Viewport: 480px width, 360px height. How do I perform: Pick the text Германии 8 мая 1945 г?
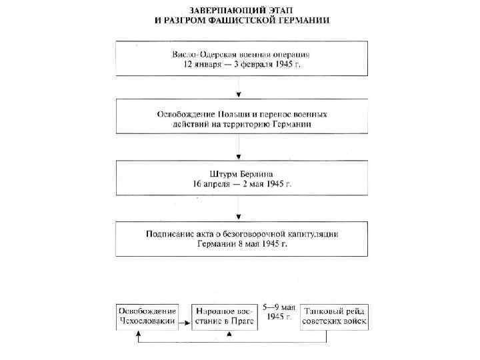[241, 244]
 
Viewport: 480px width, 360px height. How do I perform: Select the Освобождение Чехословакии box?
[147, 316]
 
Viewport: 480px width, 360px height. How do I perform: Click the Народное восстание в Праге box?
[223, 316]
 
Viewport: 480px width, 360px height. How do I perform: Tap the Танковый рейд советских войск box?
[334, 316]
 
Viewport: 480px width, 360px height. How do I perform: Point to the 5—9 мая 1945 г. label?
[279, 312]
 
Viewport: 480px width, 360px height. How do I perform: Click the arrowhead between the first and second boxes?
[239, 95]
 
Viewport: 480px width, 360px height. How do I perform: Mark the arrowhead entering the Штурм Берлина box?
[239, 155]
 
